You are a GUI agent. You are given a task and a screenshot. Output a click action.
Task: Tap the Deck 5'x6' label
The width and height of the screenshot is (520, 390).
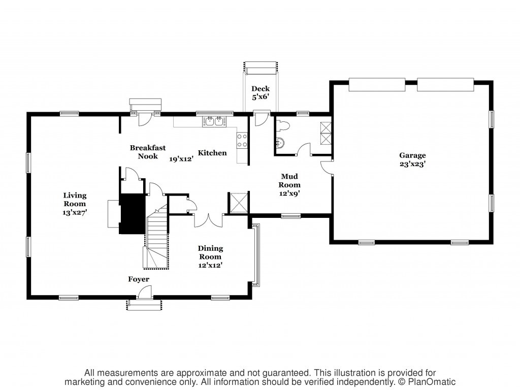click(x=261, y=93)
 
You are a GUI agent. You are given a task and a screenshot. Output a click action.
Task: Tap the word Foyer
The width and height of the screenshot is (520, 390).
click(x=139, y=279)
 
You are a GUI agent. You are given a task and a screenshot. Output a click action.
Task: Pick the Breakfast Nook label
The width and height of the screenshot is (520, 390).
click(x=148, y=152)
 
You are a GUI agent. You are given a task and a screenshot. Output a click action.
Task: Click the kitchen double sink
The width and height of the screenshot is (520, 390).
click(x=214, y=121)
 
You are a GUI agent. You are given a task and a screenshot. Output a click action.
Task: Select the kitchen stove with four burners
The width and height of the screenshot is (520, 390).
click(x=242, y=140)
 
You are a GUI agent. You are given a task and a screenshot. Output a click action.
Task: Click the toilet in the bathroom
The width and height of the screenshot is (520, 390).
click(x=283, y=126)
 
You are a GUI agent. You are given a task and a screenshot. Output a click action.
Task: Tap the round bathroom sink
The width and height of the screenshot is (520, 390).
click(x=280, y=143)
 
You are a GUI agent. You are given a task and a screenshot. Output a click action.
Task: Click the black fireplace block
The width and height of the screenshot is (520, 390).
click(x=133, y=214)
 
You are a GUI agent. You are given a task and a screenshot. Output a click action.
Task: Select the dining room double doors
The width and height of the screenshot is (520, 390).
click(x=208, y=221)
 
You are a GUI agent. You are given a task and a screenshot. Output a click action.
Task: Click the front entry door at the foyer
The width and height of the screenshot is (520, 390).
click(x=145, y=292)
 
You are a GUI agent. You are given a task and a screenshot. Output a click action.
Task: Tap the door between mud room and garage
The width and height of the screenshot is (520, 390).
click(x=327, y=168)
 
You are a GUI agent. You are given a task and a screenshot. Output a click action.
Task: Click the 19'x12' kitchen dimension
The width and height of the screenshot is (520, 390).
click(x=181, y=159)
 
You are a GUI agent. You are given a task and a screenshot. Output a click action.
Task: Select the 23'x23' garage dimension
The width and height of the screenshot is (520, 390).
click(x=412, y=164)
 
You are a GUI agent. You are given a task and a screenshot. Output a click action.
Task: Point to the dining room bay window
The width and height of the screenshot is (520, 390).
click(x=256, y=255)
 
